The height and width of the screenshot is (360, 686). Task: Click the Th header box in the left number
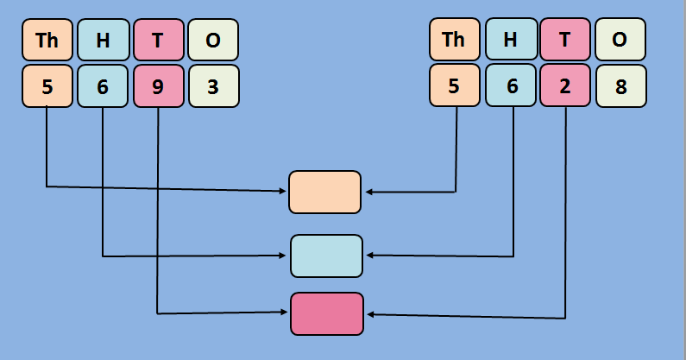pos(47,40)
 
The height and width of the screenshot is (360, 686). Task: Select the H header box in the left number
pos(103,40)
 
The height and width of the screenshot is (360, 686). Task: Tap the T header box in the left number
pos(159,40)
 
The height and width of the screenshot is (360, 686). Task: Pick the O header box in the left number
pos(213,40)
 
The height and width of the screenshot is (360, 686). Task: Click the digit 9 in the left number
pos(159,86)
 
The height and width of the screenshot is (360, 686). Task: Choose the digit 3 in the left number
pos(213,86)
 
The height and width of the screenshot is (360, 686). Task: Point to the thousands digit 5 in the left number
pos(47,86)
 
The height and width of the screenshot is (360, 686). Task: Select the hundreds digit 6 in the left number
pos(103,86)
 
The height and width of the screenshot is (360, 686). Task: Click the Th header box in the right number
pos(454,40)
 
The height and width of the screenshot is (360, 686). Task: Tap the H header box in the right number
pos(510,40)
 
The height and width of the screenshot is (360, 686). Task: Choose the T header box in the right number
pos(565,40)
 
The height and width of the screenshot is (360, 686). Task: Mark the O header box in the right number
pos(620,40)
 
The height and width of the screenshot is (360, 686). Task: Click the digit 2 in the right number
pos(565,86)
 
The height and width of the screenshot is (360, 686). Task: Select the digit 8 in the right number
pos(620,86)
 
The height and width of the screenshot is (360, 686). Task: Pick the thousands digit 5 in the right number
pos(454,86)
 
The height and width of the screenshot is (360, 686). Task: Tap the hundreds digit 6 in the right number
pos(510,86)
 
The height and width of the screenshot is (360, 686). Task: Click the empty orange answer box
pos(324,192)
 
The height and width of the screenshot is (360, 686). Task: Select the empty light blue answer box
pos(326,256)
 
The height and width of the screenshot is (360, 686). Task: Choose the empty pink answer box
pos(326,313)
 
